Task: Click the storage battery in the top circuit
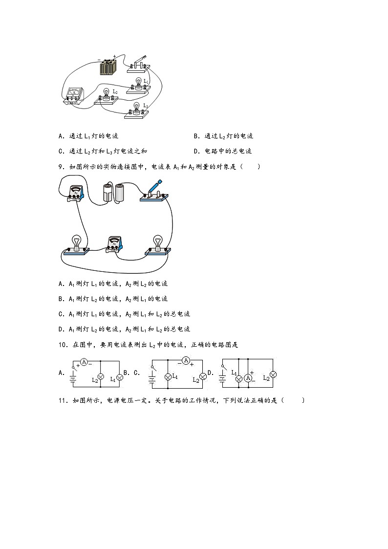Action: click(108, 66)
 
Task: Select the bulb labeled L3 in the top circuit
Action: click(137, 108)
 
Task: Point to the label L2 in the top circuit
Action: click(115, 91)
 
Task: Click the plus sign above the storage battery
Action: click(114, 56)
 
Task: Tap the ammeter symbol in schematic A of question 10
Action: click(85, 362)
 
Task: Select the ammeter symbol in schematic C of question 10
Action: click(185, 361)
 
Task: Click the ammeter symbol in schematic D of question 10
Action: click(249, 378)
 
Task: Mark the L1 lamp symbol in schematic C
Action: click(168, 376)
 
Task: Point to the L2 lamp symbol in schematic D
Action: click(273, 374)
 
